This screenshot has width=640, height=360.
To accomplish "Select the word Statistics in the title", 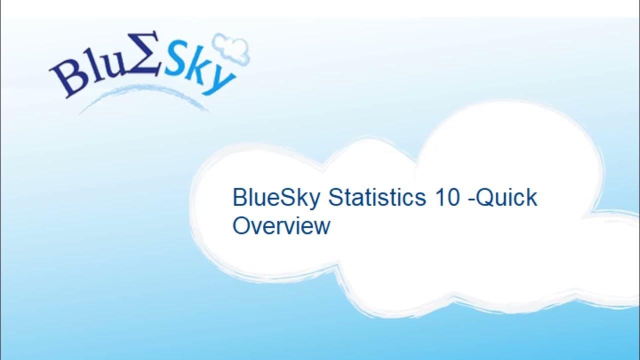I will [375, 198].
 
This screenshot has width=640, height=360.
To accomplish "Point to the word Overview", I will [281, 225].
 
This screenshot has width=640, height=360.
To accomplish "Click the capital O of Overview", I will [241, 225].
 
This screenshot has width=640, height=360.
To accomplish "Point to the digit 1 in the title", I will [435, 198].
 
